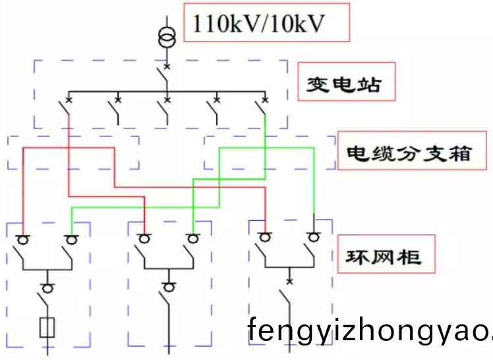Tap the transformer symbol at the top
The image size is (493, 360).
tap(167, 37)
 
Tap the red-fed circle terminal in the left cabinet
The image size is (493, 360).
tap(22, 238)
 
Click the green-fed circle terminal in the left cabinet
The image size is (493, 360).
tap(71, 238)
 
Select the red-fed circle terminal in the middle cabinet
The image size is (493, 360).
tap(144, 238)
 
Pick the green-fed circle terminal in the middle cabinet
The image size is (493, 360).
tap(192, 238)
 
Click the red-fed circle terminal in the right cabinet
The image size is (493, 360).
tap(265, 236)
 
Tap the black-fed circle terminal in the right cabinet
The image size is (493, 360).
tap(313, 236)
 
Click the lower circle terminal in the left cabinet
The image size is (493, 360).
tap(47, 287)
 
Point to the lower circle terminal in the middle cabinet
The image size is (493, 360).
tap(168, 287)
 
